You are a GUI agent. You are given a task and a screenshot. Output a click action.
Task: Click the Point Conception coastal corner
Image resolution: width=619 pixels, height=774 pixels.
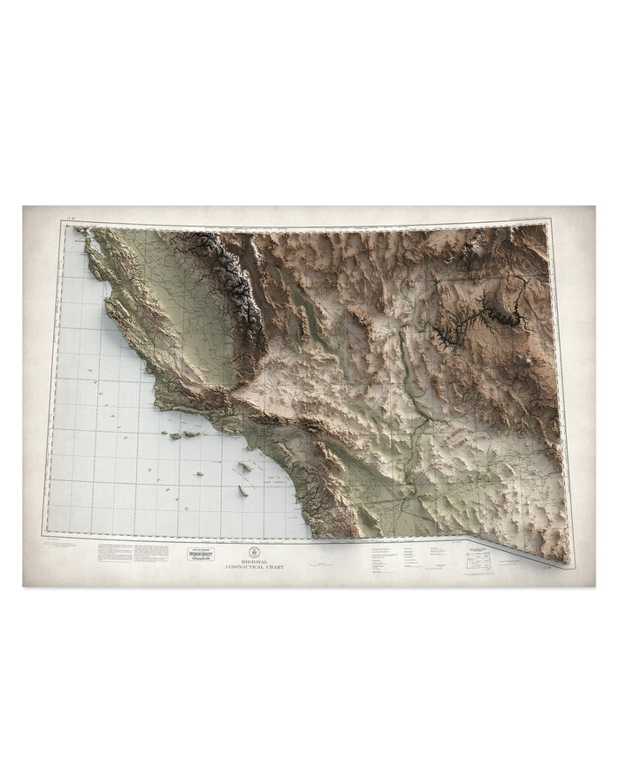(160, 402)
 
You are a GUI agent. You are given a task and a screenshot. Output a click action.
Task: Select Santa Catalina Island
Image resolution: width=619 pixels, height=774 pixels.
(245, 466)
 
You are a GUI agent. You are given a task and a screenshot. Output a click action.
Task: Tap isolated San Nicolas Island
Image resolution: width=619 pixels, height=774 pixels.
(199, 474)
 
